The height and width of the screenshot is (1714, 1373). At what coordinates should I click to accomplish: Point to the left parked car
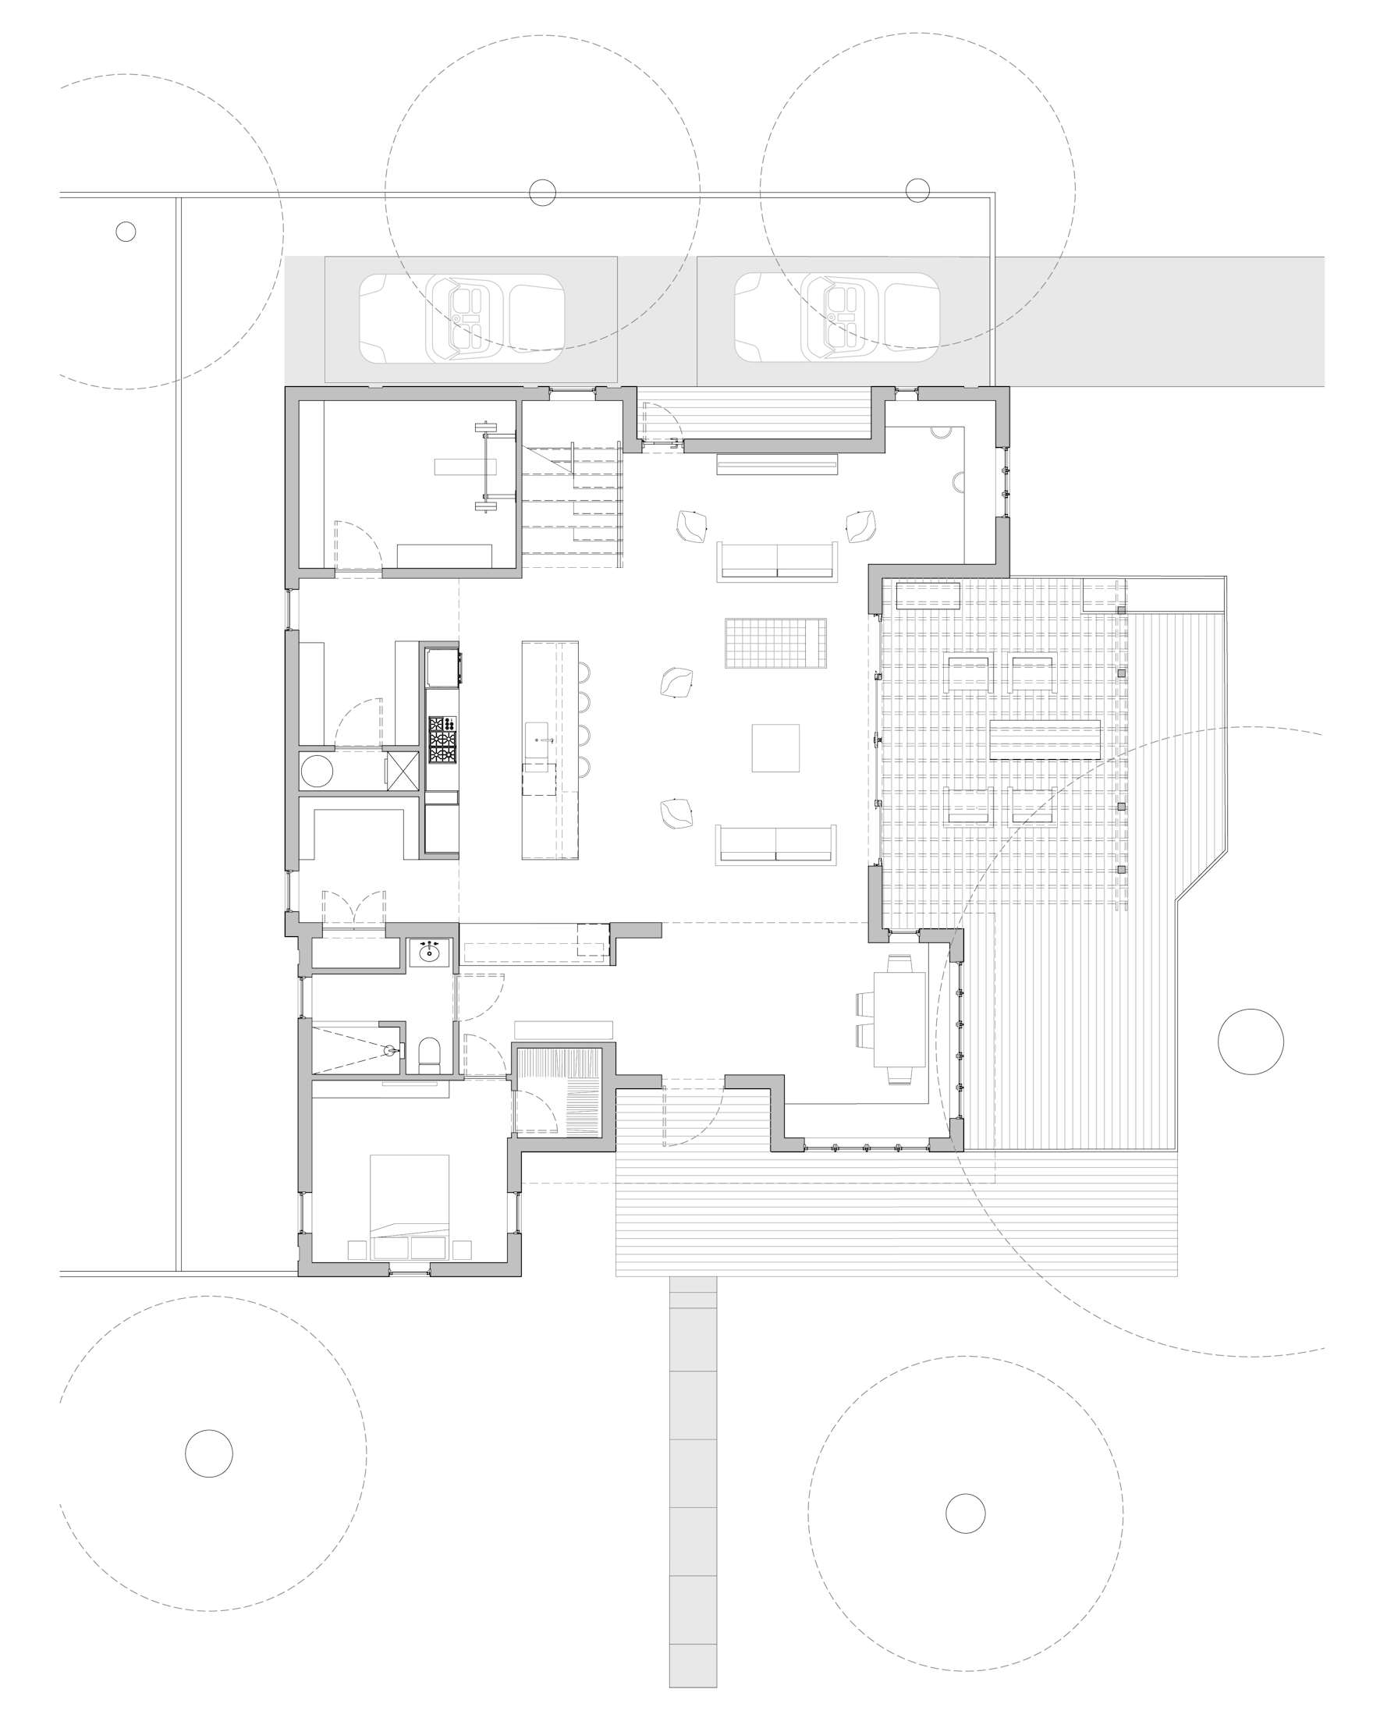(x=462, y=318)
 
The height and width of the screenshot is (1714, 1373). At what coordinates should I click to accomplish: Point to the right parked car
(x=836, y=318)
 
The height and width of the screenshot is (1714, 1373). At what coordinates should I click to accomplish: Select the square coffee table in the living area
(x=775, y=747)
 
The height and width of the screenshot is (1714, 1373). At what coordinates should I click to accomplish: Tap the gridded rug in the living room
(x=775, y=643)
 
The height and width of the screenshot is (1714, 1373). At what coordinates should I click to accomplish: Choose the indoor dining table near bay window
(x=899, y=1018)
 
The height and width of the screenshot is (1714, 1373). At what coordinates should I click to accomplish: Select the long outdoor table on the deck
(x=1045, y=739)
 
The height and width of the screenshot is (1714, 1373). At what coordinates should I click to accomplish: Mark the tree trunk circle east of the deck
(x=1250, y=1042)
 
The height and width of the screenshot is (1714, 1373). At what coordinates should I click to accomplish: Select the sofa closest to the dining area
(x=777, y=843)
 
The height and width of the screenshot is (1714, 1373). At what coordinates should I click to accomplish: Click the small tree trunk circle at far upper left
(x=126, y=232)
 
